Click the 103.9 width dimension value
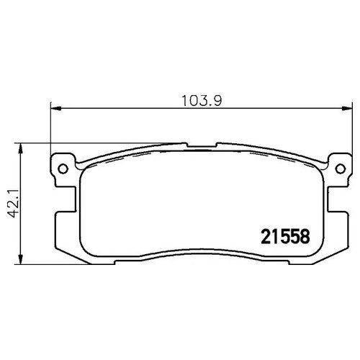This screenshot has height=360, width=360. pyautogui.click(x=202, y=101)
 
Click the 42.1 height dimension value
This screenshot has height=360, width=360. pyautogui.click(x=14, y=203)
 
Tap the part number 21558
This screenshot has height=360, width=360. pyautogui.click(x=285, y=236)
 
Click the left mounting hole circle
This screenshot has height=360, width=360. pyautogui.click(x=63, y=168)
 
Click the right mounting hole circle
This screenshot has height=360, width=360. pyautogui.click(x=341, y=168)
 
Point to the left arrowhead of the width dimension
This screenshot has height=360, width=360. pyautogui.click(x=56, y=109)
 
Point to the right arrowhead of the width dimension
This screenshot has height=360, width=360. pyautogui.click(x=347, y=109)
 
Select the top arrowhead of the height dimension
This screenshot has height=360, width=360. pyautogui.click(x=21, y=149)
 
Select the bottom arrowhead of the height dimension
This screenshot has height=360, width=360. pyautogui.click(x=21, y=259)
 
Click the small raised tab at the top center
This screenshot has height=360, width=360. pyautogui.click(x=202, y=145)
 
